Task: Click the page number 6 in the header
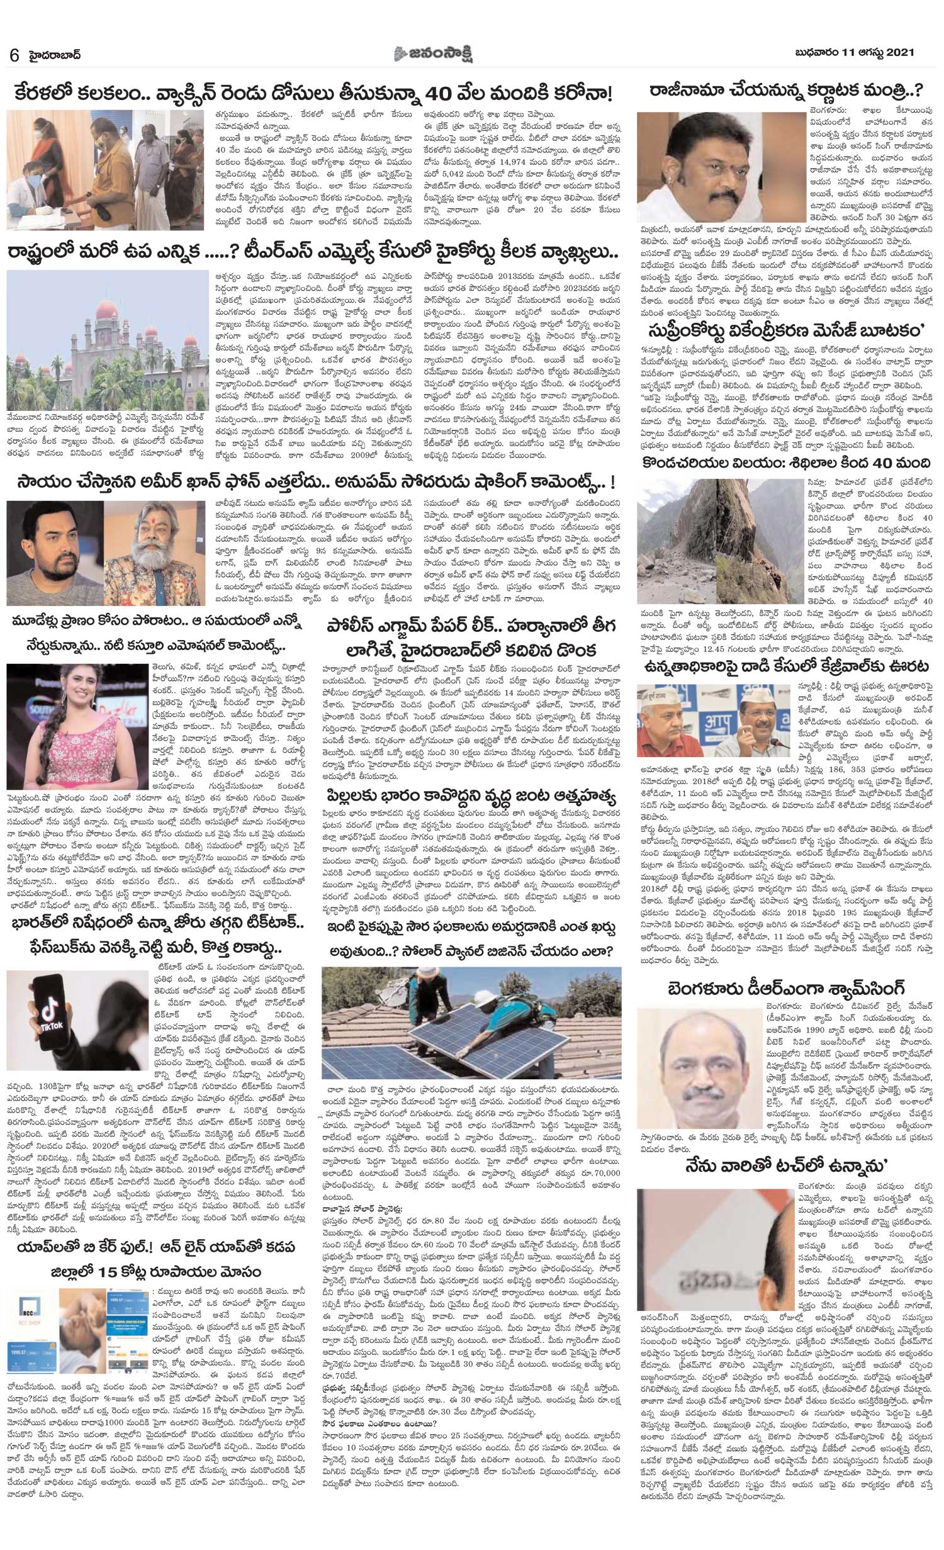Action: (x=13, y=55)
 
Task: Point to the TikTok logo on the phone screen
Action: (x=53, y=1025)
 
